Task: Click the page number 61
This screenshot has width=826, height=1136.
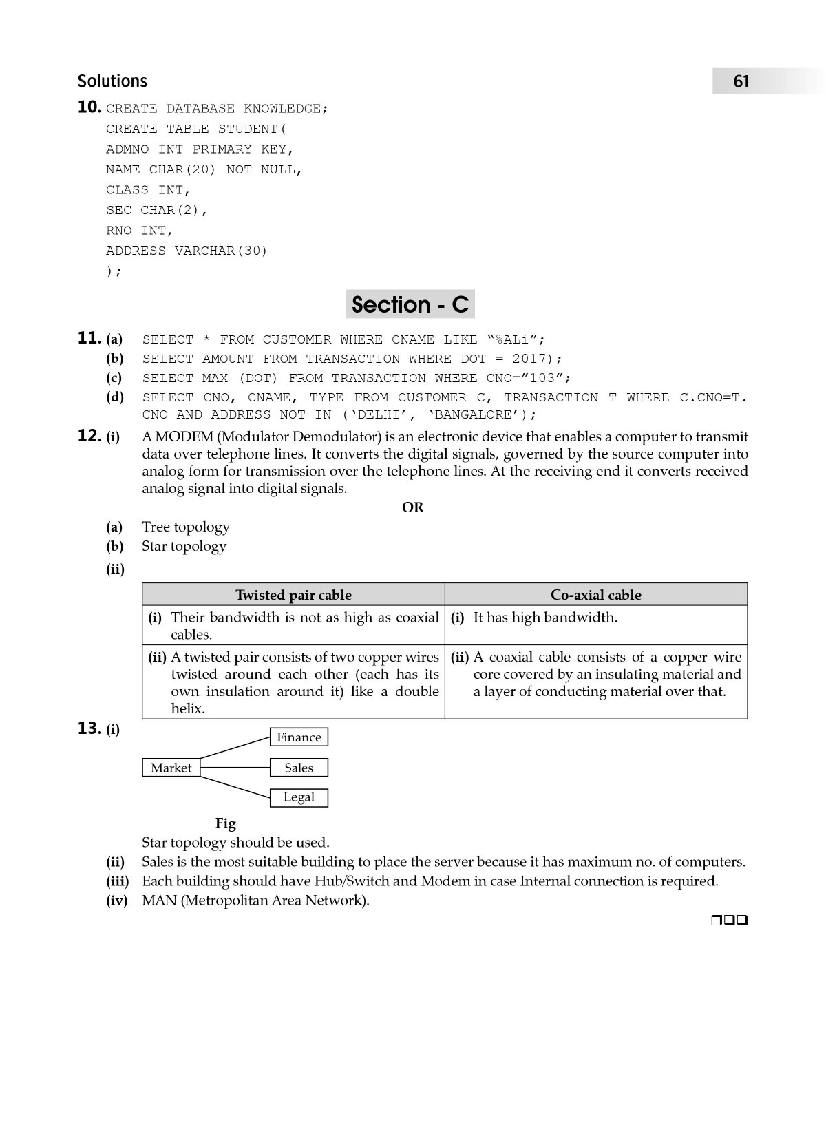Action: coord(741,82)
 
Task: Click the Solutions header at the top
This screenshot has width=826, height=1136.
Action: coord(112,81)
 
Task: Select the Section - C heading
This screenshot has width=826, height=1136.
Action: coord(410,304)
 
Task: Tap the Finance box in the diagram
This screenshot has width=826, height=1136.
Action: coord(299,737)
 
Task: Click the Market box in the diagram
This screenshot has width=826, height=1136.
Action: coord(171,768)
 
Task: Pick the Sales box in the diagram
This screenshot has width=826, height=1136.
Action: coord(299,768)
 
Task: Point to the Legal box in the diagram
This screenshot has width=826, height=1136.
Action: coord(299,797)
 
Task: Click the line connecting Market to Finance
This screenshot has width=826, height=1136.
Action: coord(234,752)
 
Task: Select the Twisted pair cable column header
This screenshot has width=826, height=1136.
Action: coord(293,595)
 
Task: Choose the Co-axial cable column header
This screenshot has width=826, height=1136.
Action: coord(595,595)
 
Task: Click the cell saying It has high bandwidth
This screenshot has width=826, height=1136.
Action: coord(545,618)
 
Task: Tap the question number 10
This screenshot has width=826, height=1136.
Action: coord(89,107)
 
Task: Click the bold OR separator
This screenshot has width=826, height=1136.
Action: coord(412,507)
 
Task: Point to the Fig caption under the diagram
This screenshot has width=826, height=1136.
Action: coord(225,823)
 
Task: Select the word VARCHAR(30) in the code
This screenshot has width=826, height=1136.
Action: coord(221,251)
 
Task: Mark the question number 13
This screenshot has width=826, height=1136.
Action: coord(89,728)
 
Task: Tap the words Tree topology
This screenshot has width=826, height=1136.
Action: coord(186,527)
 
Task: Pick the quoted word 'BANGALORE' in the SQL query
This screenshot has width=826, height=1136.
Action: coord(475,414)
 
